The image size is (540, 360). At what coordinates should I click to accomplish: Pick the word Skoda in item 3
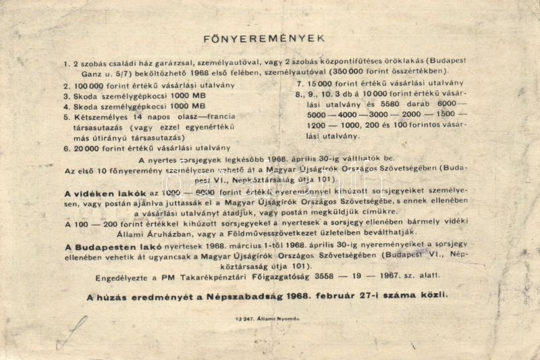[x=84, y=96]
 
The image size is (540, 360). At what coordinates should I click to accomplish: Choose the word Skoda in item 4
[x=84, y=106]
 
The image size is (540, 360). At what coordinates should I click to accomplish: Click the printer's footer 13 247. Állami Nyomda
[x=267, y=318]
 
